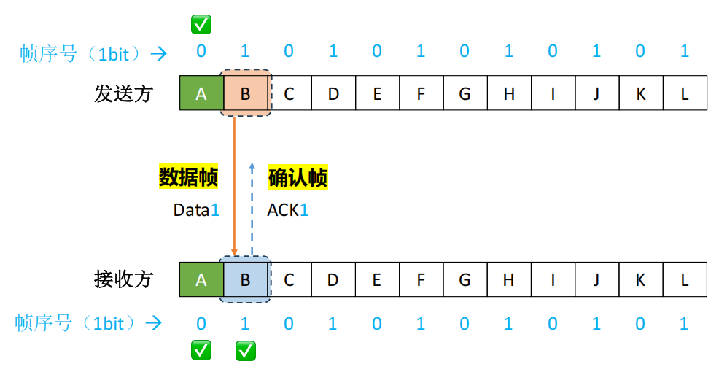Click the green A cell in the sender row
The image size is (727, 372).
tap(201, 93)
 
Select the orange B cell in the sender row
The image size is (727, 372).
tap(245, 93)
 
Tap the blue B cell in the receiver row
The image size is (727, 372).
tap(245, 279)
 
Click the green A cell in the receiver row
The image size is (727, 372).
tap(201, 279)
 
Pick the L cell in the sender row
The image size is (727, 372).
tap(685, 93)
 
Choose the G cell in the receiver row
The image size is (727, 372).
tap(464, 279)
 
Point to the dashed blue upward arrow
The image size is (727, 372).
tap(252, 208)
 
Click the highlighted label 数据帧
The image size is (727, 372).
tap(189, 177)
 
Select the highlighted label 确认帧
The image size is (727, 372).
tap(298, 177)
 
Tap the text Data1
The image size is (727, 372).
tap(196, 210)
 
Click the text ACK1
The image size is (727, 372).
tap(288, 210)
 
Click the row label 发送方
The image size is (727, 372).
tap(123, 93)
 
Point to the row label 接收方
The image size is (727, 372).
tap(123, 279)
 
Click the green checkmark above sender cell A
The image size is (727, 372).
tap(201, 25)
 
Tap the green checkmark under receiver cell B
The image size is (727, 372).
tap(246, 351)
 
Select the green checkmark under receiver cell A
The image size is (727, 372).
tap(201, 351)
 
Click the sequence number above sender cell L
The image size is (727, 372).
tap(684, 52)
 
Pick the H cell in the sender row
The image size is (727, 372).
tap(509, 93)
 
